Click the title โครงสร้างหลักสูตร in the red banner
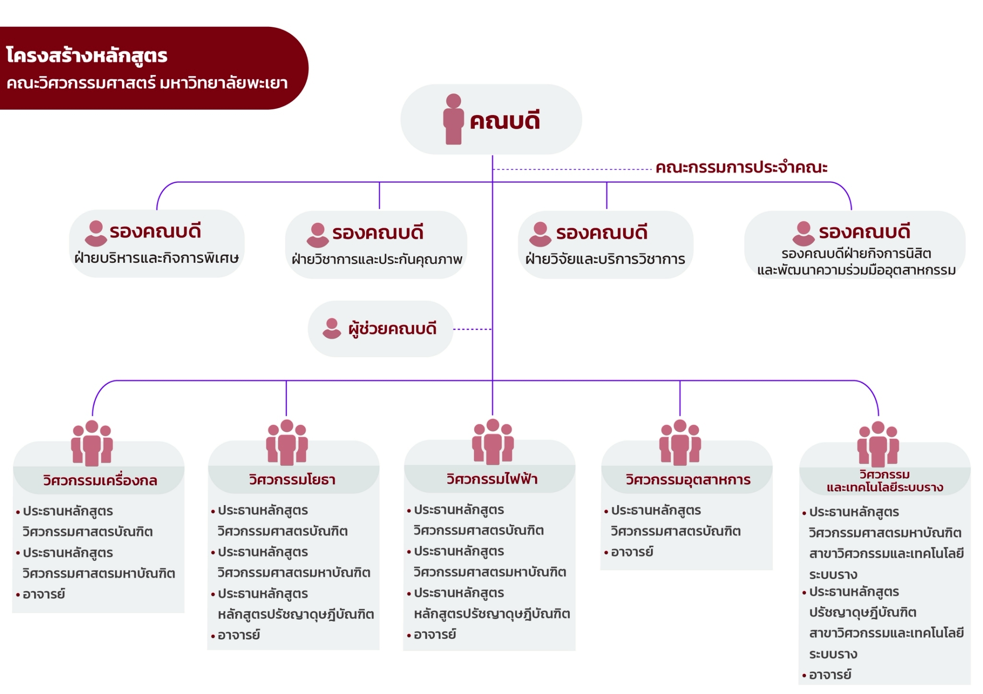[x=87, y=55]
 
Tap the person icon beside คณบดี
[x=453, y=119]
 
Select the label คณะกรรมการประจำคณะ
[x=742, y=167]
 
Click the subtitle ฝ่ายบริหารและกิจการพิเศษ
[x=156, y=258]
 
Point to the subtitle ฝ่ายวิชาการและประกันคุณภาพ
[x=377, y=259]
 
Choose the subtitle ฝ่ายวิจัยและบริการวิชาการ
[x=605, y=259]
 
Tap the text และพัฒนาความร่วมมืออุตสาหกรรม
[x=856, y=271]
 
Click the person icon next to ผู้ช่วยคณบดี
[x=332, y=329]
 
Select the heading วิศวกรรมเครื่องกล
[x=100, y=480]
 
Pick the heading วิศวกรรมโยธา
[x=292, y=480]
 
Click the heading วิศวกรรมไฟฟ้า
[x=492, y=479]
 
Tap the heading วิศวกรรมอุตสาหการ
[x=688, y=480]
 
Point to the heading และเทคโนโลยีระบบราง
[x=885, y=488]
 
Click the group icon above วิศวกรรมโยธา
[x=287, y=442]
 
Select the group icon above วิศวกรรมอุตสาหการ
[x=680, y=442]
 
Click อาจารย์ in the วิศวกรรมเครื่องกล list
[x=44, y=594]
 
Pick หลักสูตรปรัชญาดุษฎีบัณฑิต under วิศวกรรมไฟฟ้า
[x=492, y=614]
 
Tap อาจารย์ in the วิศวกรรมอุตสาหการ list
[x=632, y=552]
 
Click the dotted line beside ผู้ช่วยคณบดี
[x=473, y=329]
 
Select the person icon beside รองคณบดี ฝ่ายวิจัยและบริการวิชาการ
[x=540, y=234]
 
